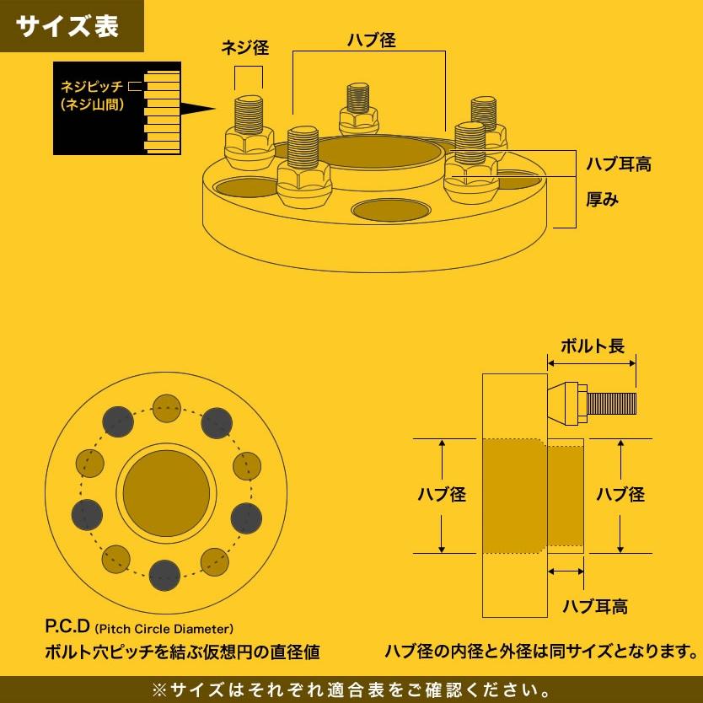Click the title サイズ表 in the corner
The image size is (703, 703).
tap(68, 26)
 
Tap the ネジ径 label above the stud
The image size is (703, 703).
tap(244, 48)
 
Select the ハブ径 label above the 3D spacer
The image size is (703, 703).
tap(371, 40)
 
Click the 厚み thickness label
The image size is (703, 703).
tap(603, 200)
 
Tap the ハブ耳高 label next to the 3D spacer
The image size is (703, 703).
tap(619, 164)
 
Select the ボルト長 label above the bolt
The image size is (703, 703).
tap(593, 346)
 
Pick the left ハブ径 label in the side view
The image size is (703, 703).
tap(442, 495)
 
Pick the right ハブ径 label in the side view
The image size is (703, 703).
tap(620, 495)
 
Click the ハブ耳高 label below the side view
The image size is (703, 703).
tap(595, 606)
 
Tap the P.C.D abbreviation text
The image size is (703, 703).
tap(67, 628)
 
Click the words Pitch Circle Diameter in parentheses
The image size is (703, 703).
tap(164, 629)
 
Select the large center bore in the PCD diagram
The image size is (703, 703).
tap(166, 493)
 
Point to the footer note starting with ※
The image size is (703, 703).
tap(351, 690)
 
